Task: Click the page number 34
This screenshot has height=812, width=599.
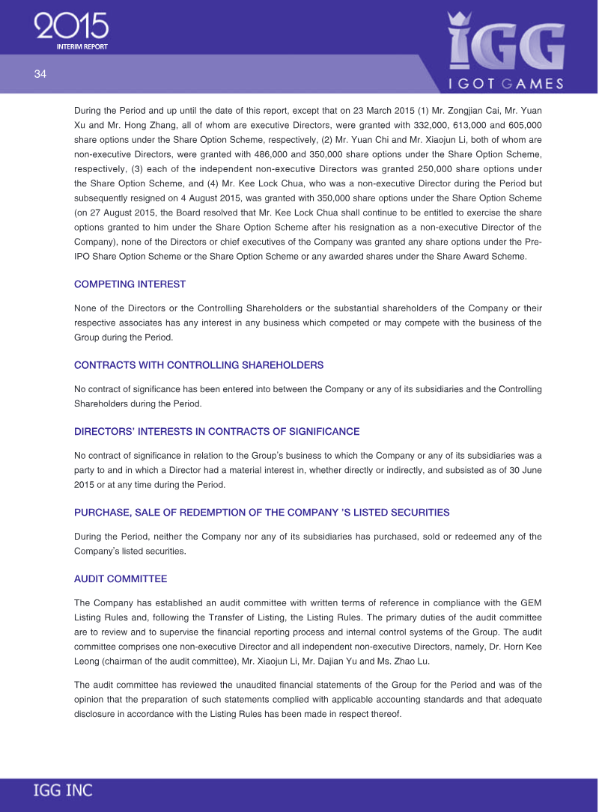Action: tap(40, 74)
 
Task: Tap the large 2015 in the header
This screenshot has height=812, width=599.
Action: tap(72, 27)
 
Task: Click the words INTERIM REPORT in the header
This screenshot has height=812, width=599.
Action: tap(82, 46)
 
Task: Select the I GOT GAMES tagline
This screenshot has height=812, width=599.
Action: tap(506, 83)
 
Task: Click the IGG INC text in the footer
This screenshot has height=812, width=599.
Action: tap(63, 790)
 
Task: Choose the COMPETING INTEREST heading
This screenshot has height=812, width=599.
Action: tap(130, 284)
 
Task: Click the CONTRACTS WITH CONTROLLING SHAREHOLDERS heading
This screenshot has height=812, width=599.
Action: tap(198, 365)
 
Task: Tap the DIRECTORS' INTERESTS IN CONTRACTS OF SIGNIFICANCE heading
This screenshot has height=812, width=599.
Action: tap(216, 432)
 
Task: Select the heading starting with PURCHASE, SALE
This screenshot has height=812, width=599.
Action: tap(261, 513)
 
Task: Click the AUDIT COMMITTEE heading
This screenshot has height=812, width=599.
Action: tap(121, 579)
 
